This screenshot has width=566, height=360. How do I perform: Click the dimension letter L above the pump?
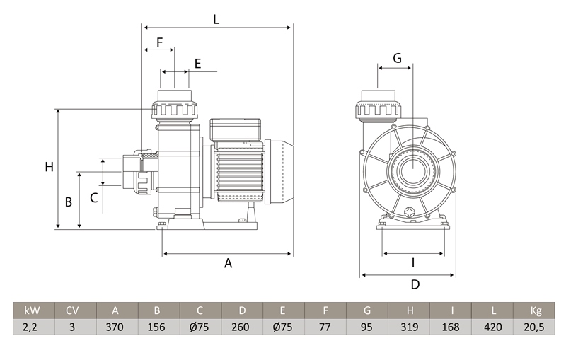(x=216, y=20)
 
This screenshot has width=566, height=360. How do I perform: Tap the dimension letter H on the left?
(x=49, y=168)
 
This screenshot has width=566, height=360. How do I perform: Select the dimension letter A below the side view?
(x=229, y=263)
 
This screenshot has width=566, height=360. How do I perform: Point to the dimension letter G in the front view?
(x=397, y=58)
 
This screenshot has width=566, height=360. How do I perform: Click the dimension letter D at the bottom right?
(x=415, y=284)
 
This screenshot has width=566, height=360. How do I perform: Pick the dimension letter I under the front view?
(x=413, y=263)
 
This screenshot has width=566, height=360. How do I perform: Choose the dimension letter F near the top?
(x=159, y=42)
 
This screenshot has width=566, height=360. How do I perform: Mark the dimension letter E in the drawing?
(x=197, y=64)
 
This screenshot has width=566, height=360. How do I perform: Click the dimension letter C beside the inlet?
(x=93, y=198)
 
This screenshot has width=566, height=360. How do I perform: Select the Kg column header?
(x=536, y=310)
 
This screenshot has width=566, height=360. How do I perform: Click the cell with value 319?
(x=410, y=327)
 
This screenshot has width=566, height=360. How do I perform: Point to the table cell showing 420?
(x=493, y=327)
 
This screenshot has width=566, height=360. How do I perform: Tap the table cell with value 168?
(x=451, y=327)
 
